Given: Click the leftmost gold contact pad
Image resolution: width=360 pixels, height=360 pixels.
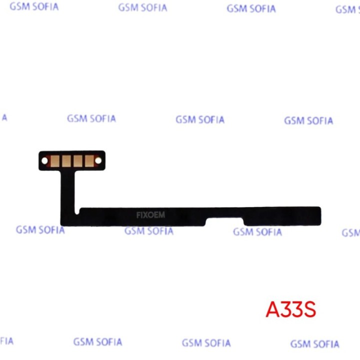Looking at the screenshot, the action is coord(55,160).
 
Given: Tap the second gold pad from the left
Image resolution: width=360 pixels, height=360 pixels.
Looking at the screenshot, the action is coord(66,160).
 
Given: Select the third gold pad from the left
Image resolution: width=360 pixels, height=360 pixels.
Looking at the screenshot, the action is coord(78,160).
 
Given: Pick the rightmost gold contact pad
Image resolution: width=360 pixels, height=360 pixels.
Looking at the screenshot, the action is coord(89,160).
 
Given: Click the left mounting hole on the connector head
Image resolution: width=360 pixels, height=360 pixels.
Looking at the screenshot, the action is coord(44,160).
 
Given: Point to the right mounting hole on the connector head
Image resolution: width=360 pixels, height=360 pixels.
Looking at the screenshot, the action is coord(98,160).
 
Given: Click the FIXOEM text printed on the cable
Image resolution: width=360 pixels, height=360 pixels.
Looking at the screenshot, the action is coord(150,215).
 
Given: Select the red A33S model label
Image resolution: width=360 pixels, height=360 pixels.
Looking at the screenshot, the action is coord(291,309).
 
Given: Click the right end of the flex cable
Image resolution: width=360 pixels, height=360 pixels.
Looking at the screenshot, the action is coord(320,216).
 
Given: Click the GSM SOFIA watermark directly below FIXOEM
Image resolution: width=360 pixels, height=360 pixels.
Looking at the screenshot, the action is coord(149,231).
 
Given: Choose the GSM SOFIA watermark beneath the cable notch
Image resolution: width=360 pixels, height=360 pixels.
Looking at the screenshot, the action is coord(257,232).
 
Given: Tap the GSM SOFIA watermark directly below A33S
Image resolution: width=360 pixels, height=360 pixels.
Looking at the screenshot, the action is coord(315,344).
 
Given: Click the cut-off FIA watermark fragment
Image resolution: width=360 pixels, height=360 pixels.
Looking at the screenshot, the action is coord(6,341).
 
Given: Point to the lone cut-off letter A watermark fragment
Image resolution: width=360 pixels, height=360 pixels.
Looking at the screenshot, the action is coord(4,118).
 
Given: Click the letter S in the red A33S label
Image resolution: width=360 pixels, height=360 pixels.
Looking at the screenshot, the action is coord(309,309).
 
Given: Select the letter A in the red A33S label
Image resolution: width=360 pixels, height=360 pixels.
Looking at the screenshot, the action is coord(273,309).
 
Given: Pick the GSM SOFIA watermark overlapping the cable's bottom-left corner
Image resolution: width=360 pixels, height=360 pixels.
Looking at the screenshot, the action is coord(40,230).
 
